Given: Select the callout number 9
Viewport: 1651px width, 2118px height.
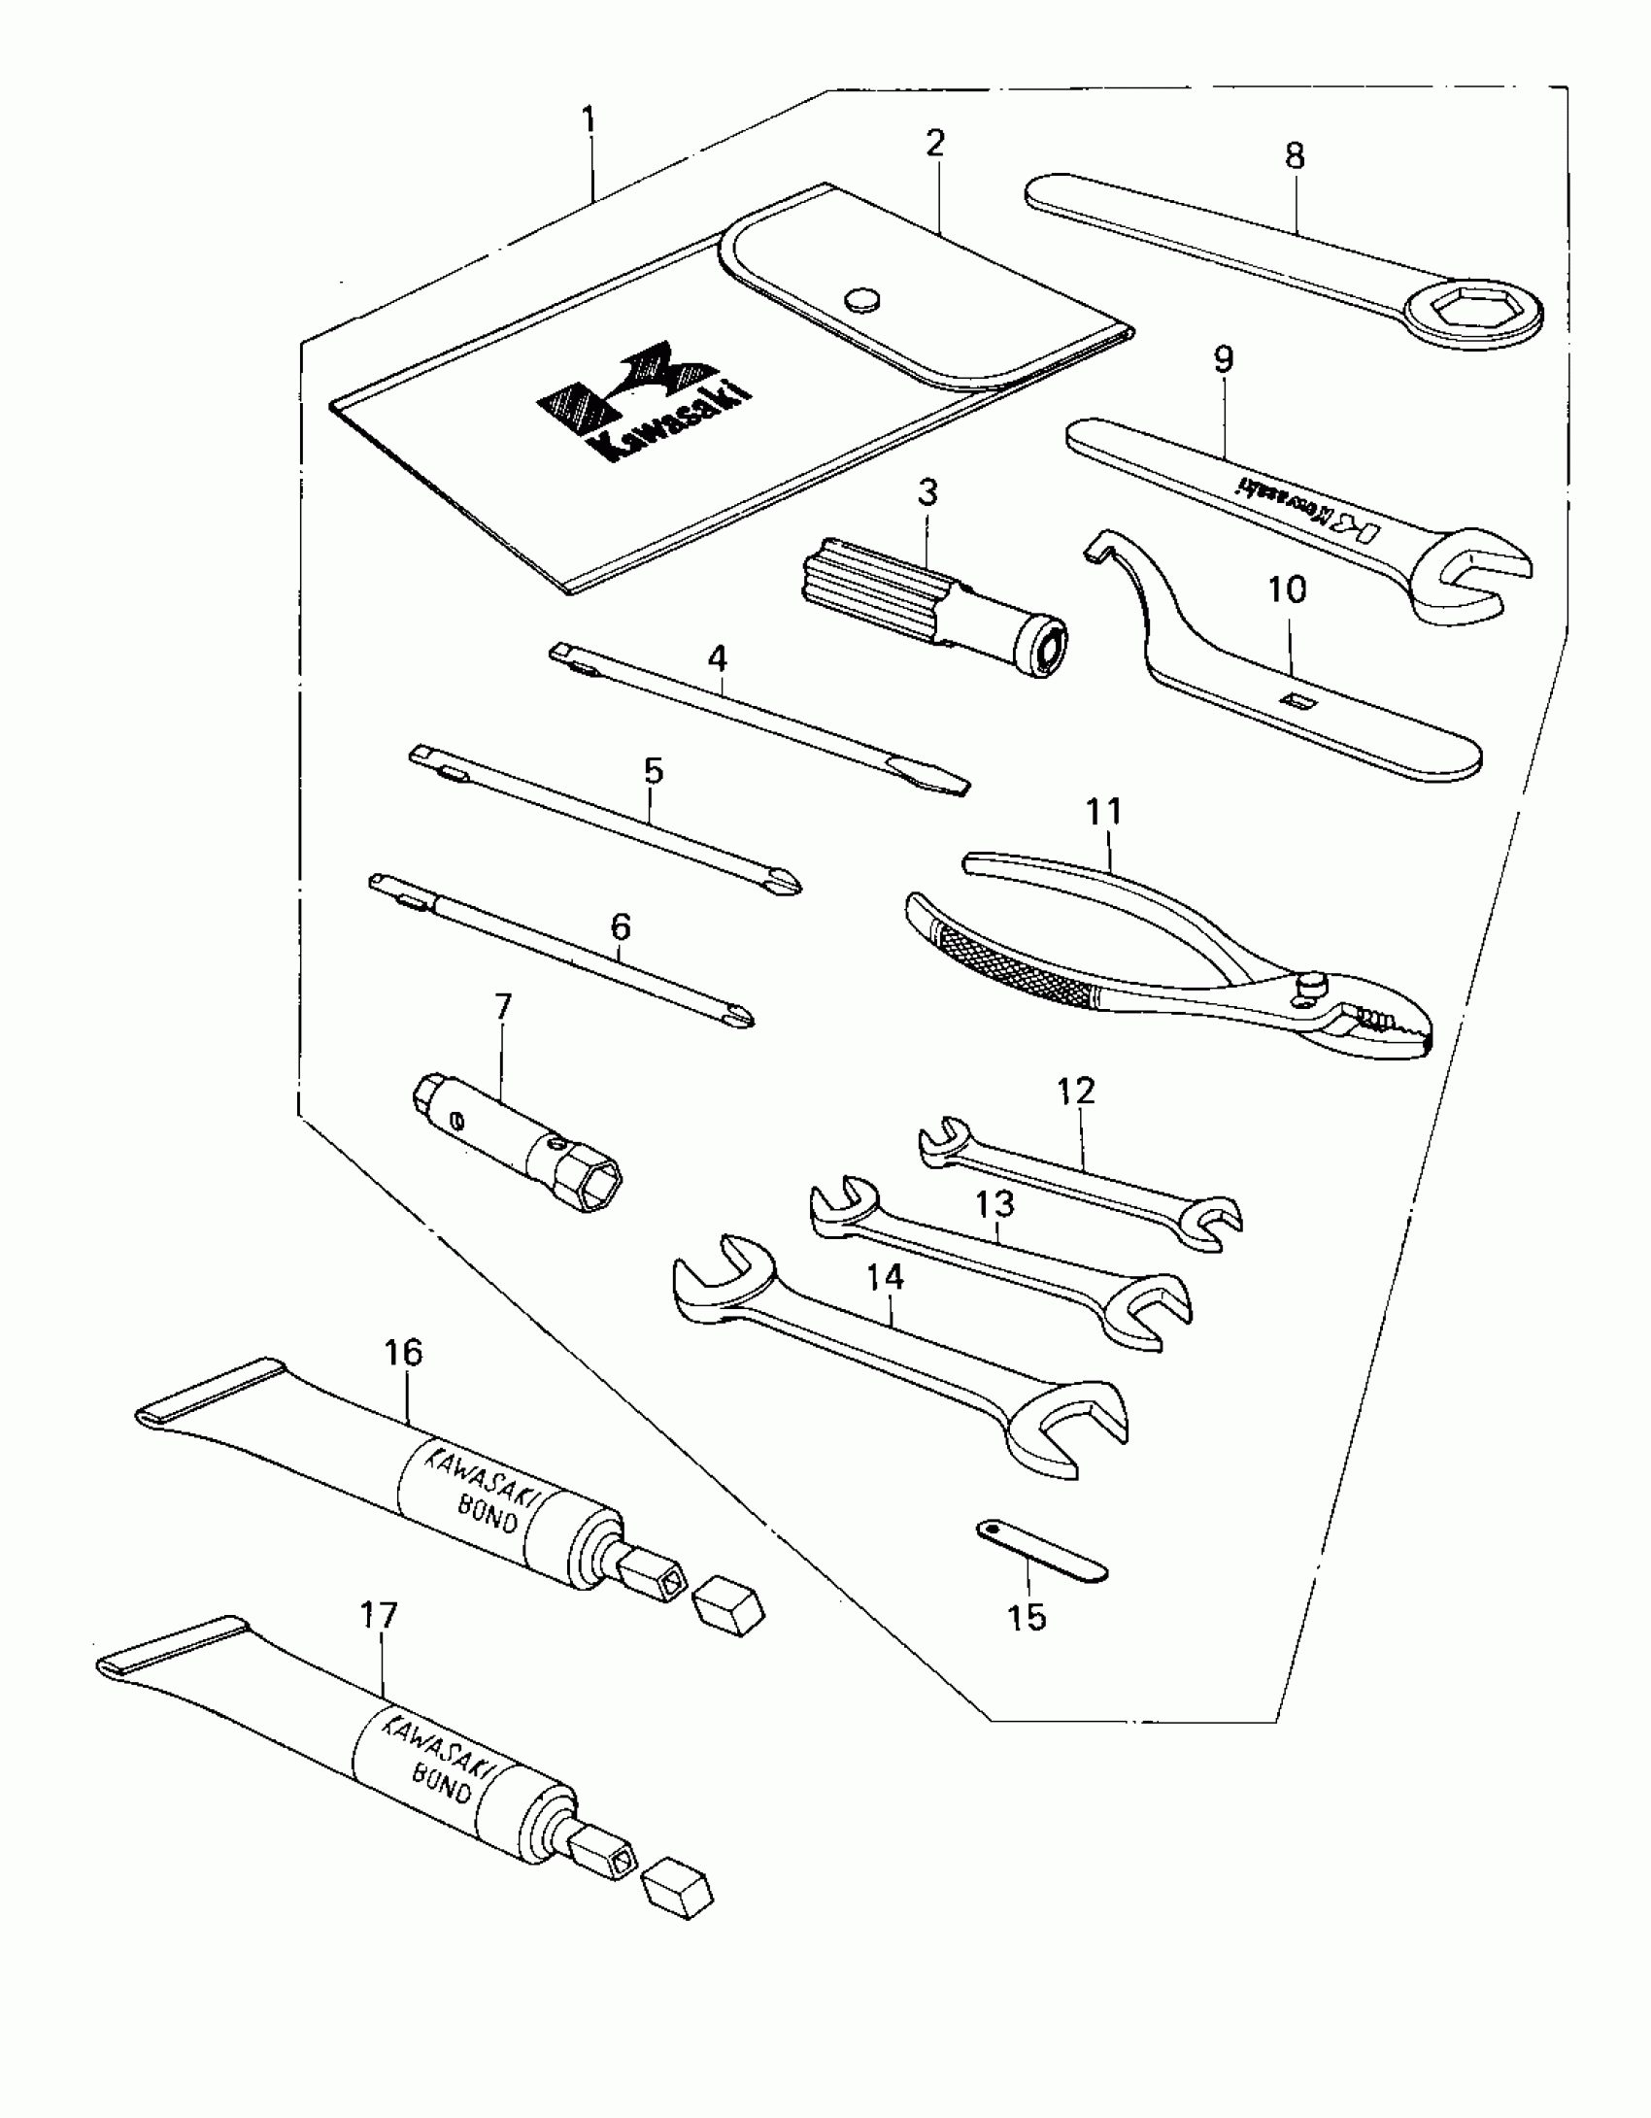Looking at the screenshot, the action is (1224, 359).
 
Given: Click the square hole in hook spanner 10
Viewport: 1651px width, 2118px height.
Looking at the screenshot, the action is (1296, 699).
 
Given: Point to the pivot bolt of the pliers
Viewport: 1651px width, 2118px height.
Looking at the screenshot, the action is (1312, 984).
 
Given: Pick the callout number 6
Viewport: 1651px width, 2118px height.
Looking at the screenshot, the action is (621, 926).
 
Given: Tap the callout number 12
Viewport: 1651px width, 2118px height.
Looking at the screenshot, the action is (1076, 1092).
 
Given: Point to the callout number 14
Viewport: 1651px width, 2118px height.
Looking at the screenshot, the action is (885, 1278).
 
